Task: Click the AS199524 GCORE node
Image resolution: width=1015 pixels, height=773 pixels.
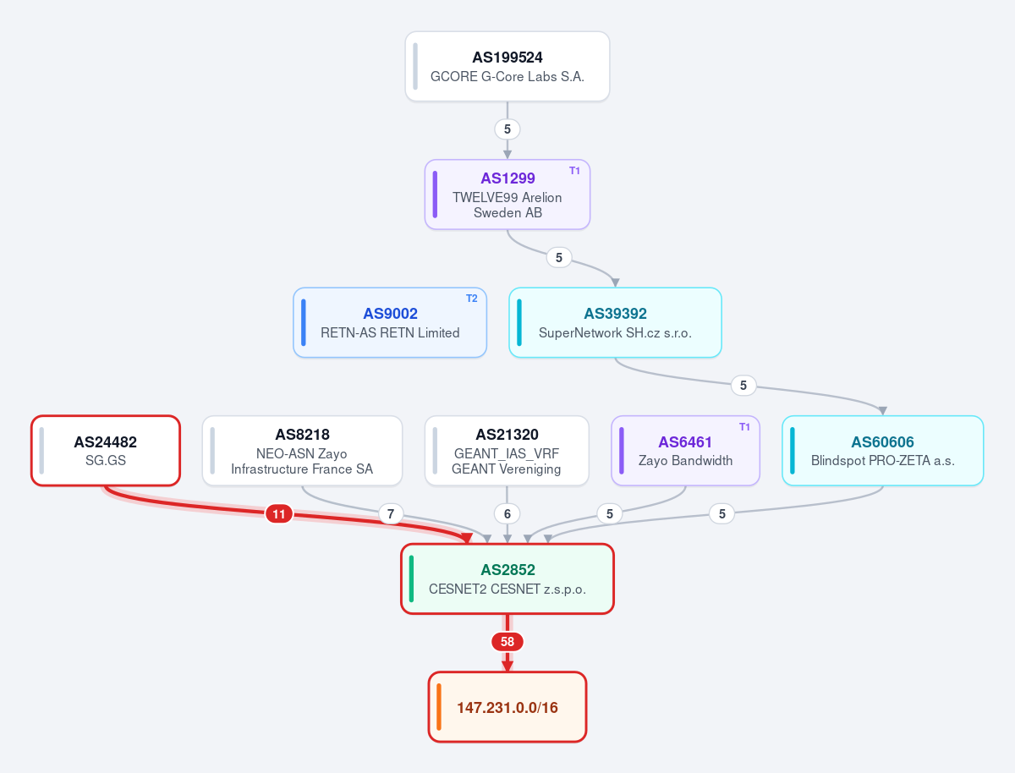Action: tap(507, 66)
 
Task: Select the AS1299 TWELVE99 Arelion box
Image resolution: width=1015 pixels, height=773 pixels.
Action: tap(507, 195)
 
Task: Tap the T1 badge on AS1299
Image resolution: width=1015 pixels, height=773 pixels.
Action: tap(574, 171)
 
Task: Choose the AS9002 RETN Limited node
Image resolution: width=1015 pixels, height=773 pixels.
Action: tap(390, 323)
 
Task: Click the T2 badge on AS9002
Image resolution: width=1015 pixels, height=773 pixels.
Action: tap(471, 299)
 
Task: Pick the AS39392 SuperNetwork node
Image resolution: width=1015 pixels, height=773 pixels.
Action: tap(615, 323)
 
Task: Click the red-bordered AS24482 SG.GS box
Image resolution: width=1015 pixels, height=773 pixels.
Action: tap(106, 451)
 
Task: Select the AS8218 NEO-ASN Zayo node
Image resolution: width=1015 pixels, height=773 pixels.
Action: tap(302, 451)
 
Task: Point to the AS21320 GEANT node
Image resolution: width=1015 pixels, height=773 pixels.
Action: tap(507, 451)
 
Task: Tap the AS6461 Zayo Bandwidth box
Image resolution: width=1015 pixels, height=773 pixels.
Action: tap(685, 451)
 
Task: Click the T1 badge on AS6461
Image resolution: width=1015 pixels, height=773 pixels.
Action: tap(744, 427)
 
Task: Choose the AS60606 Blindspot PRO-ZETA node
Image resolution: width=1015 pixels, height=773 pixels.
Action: tap(882, 451)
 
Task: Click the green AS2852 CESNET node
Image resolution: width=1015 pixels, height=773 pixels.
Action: tap(507, 578)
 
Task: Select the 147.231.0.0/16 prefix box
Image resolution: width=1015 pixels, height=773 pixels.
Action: tap(507, 707)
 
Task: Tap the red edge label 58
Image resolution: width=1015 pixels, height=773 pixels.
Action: tap(507, 642)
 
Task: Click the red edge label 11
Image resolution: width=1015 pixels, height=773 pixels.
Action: tap(279, 514)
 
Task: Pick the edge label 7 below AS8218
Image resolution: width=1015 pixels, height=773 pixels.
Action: tap(391, 513)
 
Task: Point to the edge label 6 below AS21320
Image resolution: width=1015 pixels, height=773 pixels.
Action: tap(507, 513)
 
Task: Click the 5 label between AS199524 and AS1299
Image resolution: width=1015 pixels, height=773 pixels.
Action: tap(507, 129)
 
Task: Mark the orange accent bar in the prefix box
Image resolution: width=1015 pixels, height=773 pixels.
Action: tap(439, 707)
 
